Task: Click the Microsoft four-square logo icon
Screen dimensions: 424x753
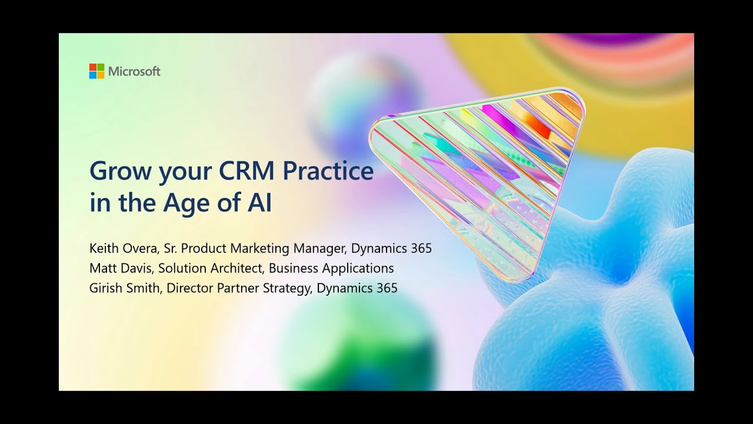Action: pyautogui.click(x=96, y=71)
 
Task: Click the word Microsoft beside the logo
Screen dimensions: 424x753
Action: pyautogui.click(x=134, y=71)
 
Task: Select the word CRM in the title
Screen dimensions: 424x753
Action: pyautogui.click(x=246, y=171)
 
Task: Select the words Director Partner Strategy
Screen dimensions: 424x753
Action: pyautogui.click(x=239, y=288)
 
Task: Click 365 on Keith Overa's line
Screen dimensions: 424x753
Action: pyautogui.click(x=421, y=249)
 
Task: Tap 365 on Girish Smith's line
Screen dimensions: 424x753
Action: pyautogui.click(x=387, y=288)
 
